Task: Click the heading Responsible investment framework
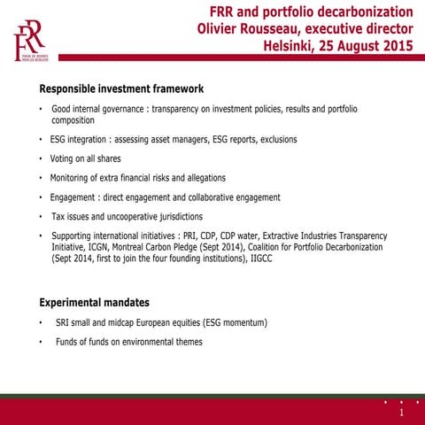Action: click(x=121, y=89)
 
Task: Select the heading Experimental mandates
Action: click(x=94, y=302)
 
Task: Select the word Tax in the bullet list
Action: click(x=58, y=216)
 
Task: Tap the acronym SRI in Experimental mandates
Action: click(x=63, y=323)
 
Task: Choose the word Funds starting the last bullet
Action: click(x=68, y=342)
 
